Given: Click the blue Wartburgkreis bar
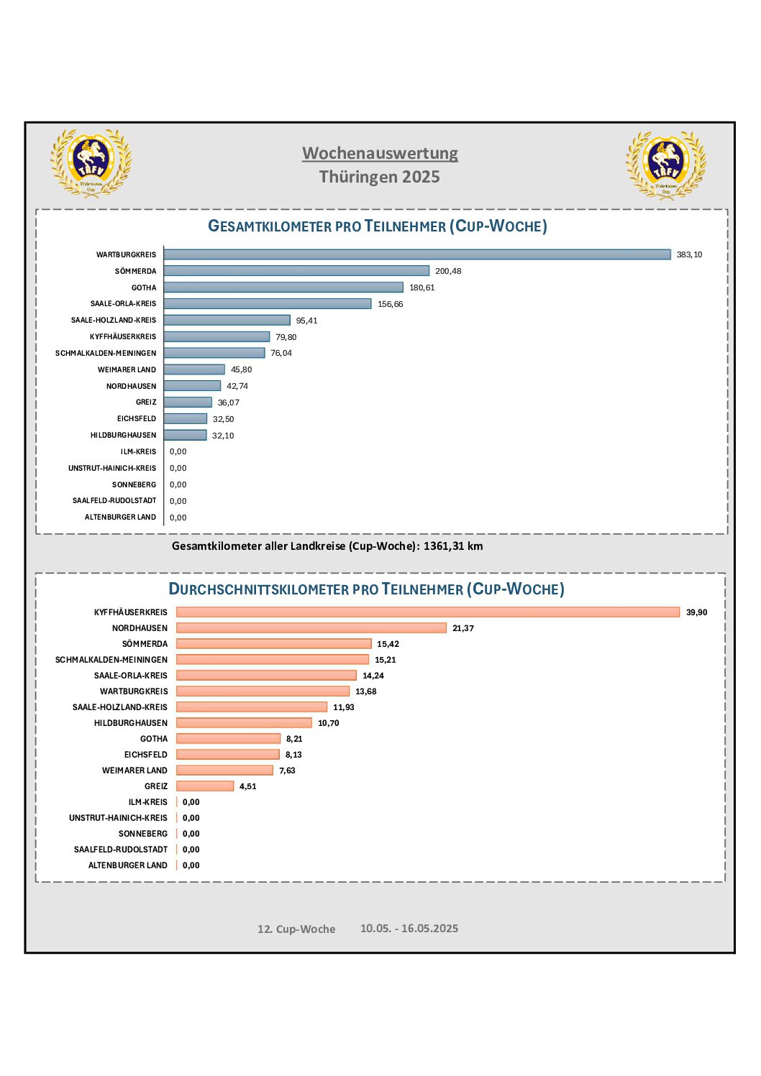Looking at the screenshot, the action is (x=416, y=254).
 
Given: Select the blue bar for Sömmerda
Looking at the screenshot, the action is (x=296, y=271).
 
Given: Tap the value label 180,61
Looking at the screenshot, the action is (x=421, y=288).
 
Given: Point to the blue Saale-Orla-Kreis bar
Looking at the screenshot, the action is (x=268, y=303).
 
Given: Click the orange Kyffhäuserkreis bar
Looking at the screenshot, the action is (x=428, y=612).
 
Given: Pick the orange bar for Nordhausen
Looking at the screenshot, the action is (x=311, y=627).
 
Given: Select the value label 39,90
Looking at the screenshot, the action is (x=696, y=612).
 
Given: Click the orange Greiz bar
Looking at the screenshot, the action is (x=205, y=786).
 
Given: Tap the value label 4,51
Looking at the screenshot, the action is (x=247, y=786).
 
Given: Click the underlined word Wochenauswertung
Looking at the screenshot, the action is (x=380, y=153).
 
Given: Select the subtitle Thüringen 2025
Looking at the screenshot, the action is (x=380, y=177).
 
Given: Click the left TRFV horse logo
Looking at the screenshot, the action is (x=91, y=162).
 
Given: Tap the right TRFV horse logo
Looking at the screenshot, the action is (x=666, y=165).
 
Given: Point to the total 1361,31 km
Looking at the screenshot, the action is (x=453, y=546).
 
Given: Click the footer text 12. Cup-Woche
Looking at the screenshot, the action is (x=296, y=929).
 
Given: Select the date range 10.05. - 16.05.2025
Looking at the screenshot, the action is (x=409, y=928).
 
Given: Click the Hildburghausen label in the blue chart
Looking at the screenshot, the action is (x=123, y=435).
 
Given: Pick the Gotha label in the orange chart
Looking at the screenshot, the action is (x=154, y=739).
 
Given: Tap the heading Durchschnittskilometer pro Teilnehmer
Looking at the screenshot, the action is (x=315, y=589).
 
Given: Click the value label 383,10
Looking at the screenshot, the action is (x=689, y=254).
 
